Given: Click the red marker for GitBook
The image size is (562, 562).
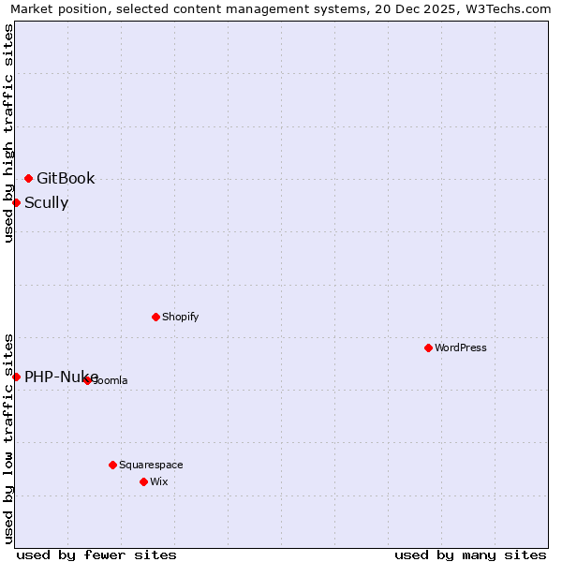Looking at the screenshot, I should [28, 178].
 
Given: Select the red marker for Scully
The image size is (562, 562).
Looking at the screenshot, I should [16, 202].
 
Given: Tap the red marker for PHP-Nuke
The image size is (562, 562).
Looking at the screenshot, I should [16, 377].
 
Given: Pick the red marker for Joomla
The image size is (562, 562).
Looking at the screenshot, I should [87, 380].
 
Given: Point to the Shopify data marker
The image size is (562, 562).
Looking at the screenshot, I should [155, 317].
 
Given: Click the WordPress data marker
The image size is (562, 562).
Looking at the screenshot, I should [428, 348].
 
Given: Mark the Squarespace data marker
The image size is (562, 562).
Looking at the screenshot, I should [112, 465].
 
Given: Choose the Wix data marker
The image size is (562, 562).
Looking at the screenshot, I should [143, 481].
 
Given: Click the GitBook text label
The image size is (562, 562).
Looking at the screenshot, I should [66, 179].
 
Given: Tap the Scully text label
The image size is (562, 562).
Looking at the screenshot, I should [46, 203].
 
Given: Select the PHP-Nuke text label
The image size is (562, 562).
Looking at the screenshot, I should [61, 377].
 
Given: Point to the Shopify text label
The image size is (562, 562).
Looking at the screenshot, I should [181, 317].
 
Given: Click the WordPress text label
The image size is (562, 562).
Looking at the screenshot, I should [461, 348].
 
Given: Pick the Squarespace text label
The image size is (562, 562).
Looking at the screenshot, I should [151, 465].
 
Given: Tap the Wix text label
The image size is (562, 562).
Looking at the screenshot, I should [158, 481].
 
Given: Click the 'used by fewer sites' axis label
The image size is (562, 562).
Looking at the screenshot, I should [96, 555].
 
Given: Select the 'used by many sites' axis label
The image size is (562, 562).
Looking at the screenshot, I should [470, 555].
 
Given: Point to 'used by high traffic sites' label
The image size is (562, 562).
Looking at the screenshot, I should [8, 133].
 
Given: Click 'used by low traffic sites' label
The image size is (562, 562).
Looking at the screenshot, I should [8, 438].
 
